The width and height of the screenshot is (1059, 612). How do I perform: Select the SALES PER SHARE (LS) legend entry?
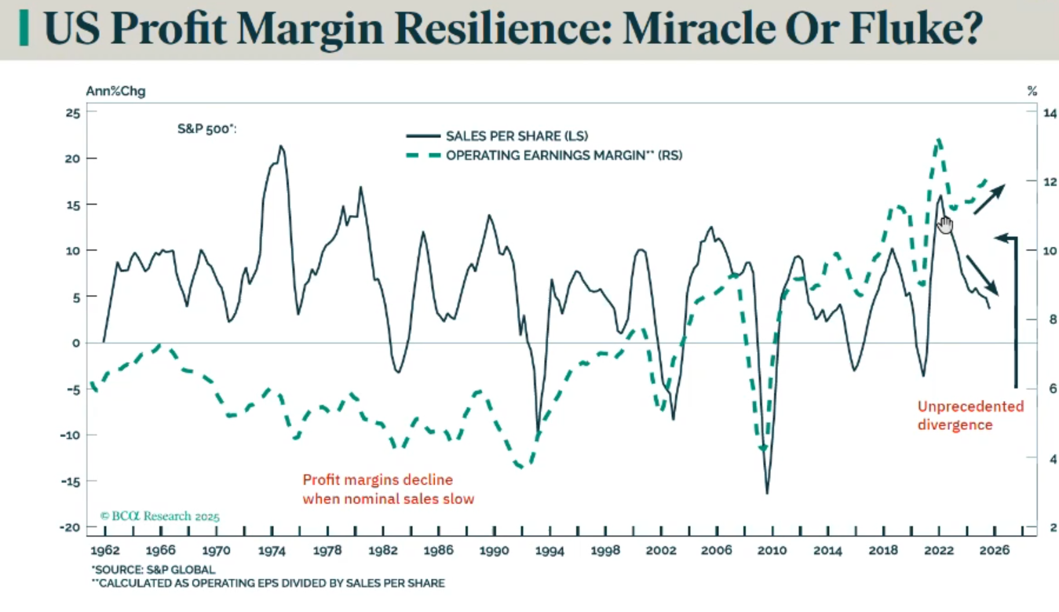(517, 136)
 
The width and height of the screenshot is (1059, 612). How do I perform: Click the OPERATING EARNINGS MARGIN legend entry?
(564, 155)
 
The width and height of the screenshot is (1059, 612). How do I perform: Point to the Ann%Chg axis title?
(115, 91)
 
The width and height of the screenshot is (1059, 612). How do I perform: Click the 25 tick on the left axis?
(71, 113)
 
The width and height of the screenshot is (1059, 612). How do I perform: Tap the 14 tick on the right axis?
(1050, 113)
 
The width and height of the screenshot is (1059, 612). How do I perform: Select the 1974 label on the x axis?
(272, 551)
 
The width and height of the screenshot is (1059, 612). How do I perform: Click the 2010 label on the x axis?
(772, 551)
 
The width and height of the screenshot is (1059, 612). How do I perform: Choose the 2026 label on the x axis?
(994, 551)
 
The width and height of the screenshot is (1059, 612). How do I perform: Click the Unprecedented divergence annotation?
(970, 416)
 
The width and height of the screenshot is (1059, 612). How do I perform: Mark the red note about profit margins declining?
(388, 489)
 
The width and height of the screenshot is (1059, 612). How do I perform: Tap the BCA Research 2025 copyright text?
(160, 516)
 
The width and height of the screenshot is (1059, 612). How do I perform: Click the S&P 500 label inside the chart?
(206, 129)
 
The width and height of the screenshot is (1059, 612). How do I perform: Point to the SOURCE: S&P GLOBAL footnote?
(154, 570)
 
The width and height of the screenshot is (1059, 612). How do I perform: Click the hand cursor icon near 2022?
(945, 224)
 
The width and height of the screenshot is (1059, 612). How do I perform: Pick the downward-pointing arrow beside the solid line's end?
(983, 275)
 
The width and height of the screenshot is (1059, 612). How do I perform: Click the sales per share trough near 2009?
(767, 493)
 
